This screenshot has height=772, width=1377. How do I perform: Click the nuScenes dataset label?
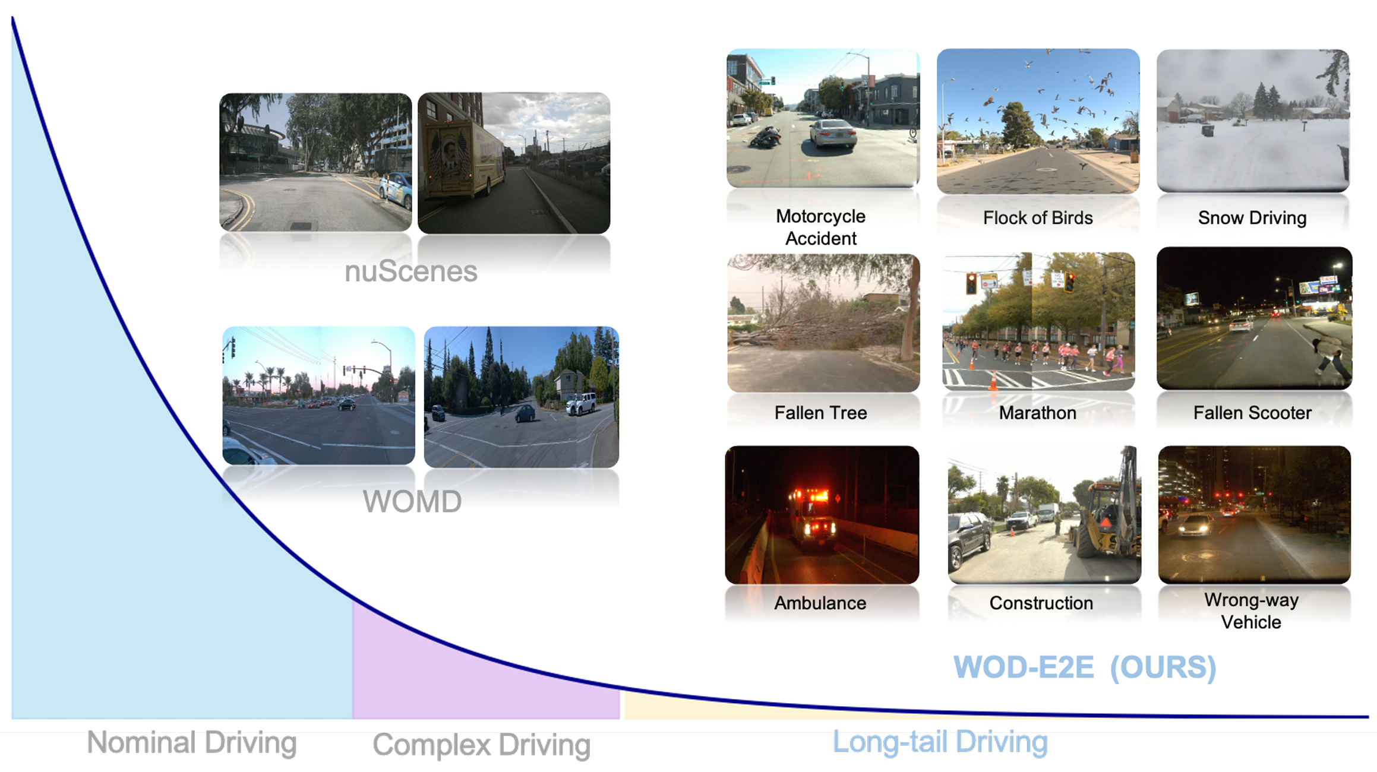(x=410, y=271)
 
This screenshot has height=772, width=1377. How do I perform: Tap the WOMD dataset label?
(x=412, y=501)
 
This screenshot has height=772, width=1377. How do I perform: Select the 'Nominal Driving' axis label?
(x=191, y=742)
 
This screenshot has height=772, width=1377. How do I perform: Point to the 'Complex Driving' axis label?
(x=481, y=745)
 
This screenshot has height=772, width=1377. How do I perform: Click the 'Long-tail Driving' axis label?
(x=940, y=742)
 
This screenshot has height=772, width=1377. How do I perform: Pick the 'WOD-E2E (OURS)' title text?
(x=1085, y=667)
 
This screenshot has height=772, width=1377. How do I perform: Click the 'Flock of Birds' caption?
(x=1038, y=218)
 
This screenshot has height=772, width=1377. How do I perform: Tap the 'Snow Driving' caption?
(x=1252, y=218)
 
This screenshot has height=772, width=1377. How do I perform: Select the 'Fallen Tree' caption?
(x=820, y=413)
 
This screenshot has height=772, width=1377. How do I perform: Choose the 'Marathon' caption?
(x=1037, y=413)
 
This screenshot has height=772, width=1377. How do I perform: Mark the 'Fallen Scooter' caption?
(x=1252, y=413)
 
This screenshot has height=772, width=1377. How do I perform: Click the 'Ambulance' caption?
(x=820, y=603)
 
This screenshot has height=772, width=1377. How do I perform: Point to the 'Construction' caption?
(x=1041, y=603)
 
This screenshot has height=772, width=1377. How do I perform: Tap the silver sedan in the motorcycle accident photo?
(x=832, y=134)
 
